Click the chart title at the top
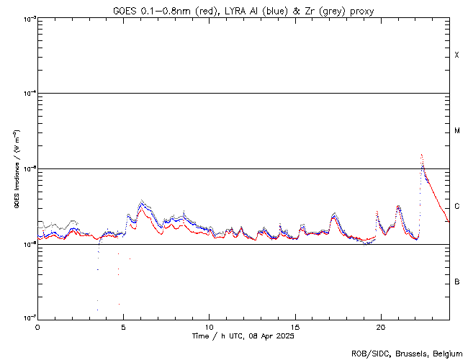pos(243,11)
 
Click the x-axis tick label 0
pos(37,326)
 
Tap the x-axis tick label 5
pos(123,326)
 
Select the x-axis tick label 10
pos(209,326)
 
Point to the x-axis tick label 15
pos(295,326)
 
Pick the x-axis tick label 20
pos(381,326)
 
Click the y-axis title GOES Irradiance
pos(16,169)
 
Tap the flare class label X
pos(456,55)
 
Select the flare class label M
pos(456,131)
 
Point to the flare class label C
pos(456,207)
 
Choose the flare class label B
pos(456,282)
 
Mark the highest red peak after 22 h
pos(422,155)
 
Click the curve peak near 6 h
pos(142,202)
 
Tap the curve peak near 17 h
pos(334,214)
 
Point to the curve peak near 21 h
pos(398,207)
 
